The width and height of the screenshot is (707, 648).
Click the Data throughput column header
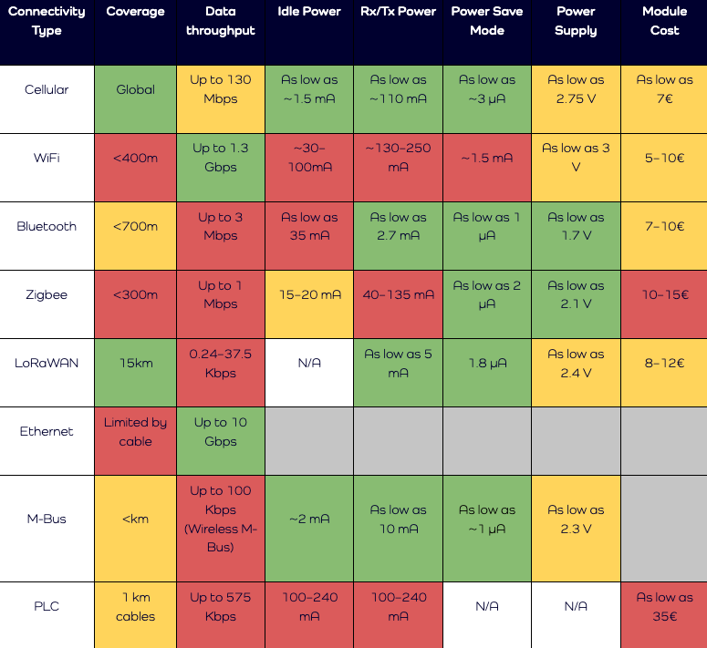coord(221,21)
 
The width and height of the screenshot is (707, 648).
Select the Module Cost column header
coord(664,21)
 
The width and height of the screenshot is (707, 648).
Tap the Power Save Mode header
coord(486,21)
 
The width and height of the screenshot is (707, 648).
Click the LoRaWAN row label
coord(47,363)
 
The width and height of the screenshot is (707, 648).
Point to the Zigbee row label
coord(47,294)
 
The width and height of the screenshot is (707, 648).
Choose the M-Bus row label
coord(47,519)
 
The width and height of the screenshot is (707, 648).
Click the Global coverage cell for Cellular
coord(135,89)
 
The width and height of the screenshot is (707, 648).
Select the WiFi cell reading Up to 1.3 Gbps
coord(221,158)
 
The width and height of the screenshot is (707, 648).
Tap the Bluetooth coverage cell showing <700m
coord(135,226)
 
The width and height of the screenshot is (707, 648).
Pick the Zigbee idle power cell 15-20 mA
coord(309,294)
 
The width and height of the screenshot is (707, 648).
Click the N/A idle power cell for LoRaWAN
coord(309,363)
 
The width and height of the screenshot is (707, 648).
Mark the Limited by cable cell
coord(135,432)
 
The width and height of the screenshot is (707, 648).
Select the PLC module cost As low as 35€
coord(664,607)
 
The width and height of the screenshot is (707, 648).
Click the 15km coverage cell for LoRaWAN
coord(135,363)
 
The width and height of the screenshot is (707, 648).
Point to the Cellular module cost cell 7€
coord(664,89)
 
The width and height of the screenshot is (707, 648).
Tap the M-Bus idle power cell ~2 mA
coord(309,519)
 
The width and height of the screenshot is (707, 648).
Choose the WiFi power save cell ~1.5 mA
coord(486,158)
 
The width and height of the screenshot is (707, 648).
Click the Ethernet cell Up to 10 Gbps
coord(221,432)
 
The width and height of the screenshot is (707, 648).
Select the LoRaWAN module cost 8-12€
coord(664,363)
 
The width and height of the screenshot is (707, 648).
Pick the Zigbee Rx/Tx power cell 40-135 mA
coord(399,294)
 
